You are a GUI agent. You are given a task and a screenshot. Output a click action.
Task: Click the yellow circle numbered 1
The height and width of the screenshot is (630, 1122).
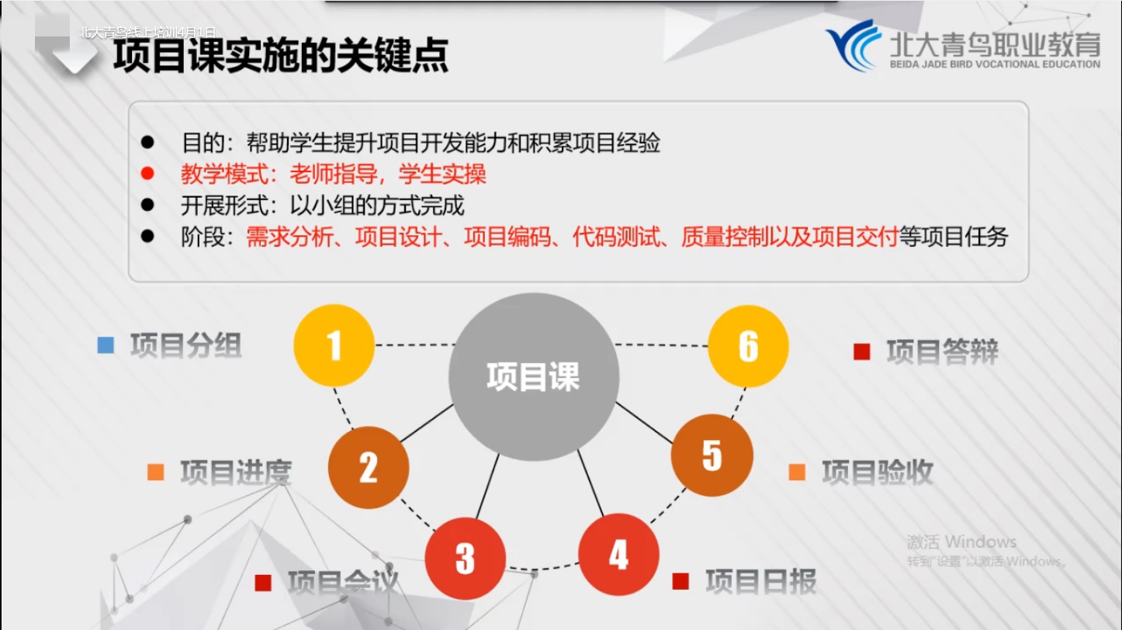click(x=334, y=345)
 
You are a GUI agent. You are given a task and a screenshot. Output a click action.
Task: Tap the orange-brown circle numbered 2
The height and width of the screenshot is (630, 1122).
click(x=369, y=467)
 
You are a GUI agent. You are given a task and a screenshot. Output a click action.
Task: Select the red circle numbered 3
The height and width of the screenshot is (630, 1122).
click(x=466, y=559)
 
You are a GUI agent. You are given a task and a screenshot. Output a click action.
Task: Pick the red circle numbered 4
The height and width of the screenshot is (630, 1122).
click(x=618, y=555)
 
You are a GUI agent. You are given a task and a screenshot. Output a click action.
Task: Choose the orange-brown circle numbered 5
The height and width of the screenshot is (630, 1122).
click(x=712, y=455)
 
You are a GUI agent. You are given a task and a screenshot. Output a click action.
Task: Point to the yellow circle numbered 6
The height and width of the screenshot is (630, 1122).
click(x=748, y=346)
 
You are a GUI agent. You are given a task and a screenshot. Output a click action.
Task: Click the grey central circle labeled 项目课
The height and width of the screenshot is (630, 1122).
click(x=533, y=376)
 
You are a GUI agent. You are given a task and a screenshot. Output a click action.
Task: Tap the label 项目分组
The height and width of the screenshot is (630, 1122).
click(x=185, y=345)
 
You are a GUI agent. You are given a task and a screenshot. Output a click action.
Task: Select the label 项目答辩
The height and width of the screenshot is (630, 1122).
click(x=942, y=351)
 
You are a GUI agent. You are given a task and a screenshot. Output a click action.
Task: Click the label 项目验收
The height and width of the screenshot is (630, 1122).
click(x=878, y=472)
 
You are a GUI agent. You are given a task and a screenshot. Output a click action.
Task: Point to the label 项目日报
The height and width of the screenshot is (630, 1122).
click(x=761, y=581)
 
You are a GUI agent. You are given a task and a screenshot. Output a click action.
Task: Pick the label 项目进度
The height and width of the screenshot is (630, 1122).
click(x=236, y=472)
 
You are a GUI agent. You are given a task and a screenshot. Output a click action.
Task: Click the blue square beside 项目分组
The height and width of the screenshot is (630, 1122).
click(x=106, y=345)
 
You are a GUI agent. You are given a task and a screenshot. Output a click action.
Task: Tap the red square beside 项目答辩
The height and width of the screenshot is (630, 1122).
click(x=862, y=351)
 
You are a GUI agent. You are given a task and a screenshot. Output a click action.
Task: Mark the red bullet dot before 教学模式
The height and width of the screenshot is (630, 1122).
click(x=147, y=174)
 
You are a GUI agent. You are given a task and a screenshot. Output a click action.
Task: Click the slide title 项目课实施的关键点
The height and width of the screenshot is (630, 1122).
click(x=281, y=55)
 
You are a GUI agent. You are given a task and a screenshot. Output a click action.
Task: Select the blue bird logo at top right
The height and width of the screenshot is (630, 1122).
click(x=854, y=45)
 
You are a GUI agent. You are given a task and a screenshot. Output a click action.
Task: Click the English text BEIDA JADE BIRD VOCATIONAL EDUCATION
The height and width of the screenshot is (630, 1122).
click(x=995, y=64)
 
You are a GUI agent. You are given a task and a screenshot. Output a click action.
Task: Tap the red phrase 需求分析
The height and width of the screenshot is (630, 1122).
click(x=289, y=237)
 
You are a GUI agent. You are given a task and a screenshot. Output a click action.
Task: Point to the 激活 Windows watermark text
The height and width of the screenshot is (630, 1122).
click(x=961, y=542)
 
